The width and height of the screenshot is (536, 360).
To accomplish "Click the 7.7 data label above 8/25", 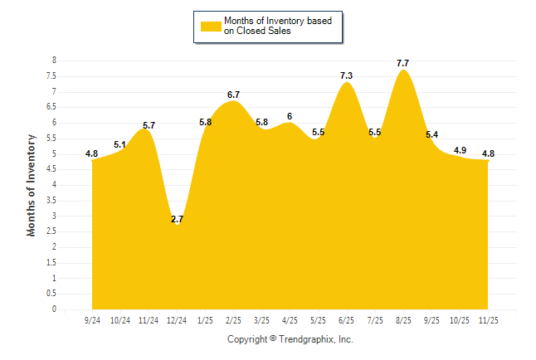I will tap(403, 63).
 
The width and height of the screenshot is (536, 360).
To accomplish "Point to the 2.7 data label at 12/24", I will tap(177, 219).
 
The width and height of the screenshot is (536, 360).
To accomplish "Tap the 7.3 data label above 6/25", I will tap(347, 76).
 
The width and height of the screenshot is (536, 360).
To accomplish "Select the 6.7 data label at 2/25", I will tap(233, 95).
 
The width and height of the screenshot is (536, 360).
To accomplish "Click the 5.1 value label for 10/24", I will tap(120, 144).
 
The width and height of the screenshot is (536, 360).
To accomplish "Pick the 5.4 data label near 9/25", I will tap(432, 134).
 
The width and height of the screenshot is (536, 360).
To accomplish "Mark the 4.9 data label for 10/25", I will tap(460, 150).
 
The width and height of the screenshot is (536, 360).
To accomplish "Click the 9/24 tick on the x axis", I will tap(92, 319).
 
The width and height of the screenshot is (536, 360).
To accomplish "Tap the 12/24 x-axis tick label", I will tap(177, 319).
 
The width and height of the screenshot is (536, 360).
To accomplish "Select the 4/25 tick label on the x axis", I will tap(290, 319).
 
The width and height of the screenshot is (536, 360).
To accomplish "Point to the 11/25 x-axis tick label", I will tap(488, 319).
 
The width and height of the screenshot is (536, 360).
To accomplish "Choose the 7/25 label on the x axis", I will tap(375, 319).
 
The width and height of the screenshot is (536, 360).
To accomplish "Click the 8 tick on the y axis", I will tap(54, 61).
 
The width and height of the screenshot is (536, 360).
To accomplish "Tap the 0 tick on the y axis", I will tap(54, 309).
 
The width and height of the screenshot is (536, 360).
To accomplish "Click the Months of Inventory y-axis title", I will tap(32, 185).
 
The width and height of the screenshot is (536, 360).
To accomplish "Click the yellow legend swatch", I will tap(211, 26).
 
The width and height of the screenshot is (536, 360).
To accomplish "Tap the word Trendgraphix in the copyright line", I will tap(308, 339).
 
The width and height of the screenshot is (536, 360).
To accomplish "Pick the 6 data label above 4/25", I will tap(290, 116).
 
